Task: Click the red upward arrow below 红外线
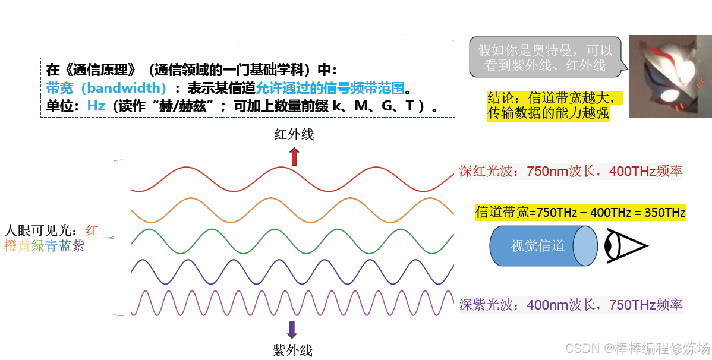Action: pos(294,157)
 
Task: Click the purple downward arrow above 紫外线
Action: pos(292,330)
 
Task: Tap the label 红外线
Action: pos(294,135)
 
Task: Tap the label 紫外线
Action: pos(292,350)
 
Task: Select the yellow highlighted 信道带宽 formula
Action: pos(580,213)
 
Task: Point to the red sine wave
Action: pos(291,179)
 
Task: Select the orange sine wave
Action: pos(291,209)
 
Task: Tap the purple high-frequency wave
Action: pos(291,303)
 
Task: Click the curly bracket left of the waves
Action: pos(116,238)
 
